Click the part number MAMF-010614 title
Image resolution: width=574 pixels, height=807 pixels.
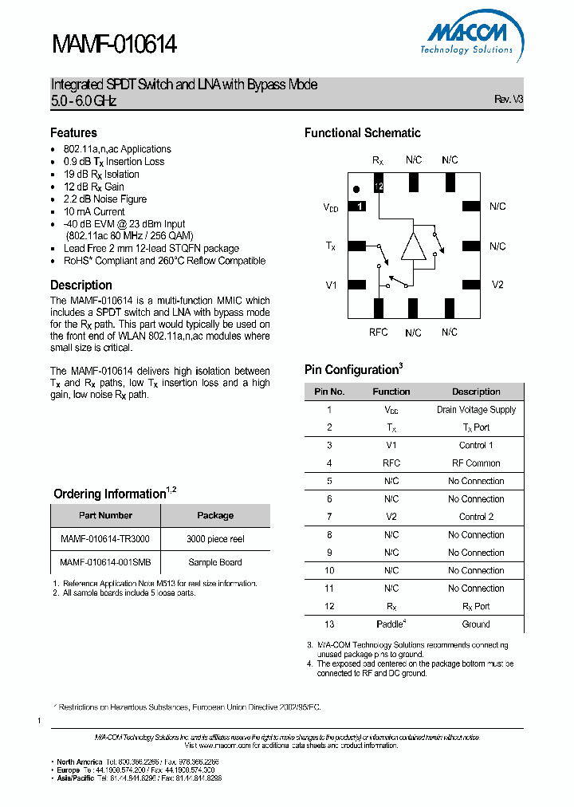114,45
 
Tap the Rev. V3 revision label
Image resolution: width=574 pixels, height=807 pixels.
508,100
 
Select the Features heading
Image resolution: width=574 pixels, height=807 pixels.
73,133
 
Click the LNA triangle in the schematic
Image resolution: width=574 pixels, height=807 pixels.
414,246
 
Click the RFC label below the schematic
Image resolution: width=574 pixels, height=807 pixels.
378,331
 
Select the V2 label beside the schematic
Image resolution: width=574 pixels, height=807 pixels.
497,285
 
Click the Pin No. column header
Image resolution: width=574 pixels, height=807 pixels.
329,392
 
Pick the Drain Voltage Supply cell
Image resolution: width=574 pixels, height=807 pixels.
476,410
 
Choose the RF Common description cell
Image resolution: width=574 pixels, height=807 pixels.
476,463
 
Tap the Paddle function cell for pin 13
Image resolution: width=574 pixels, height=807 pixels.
391,624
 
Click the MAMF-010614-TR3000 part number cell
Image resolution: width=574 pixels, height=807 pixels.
105,539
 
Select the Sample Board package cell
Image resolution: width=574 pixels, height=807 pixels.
215,562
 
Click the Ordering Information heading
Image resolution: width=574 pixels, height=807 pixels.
110,494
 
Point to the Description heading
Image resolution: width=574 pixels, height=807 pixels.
81,285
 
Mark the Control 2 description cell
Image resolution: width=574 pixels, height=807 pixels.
476,517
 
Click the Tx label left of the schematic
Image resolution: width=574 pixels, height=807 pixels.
331,246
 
